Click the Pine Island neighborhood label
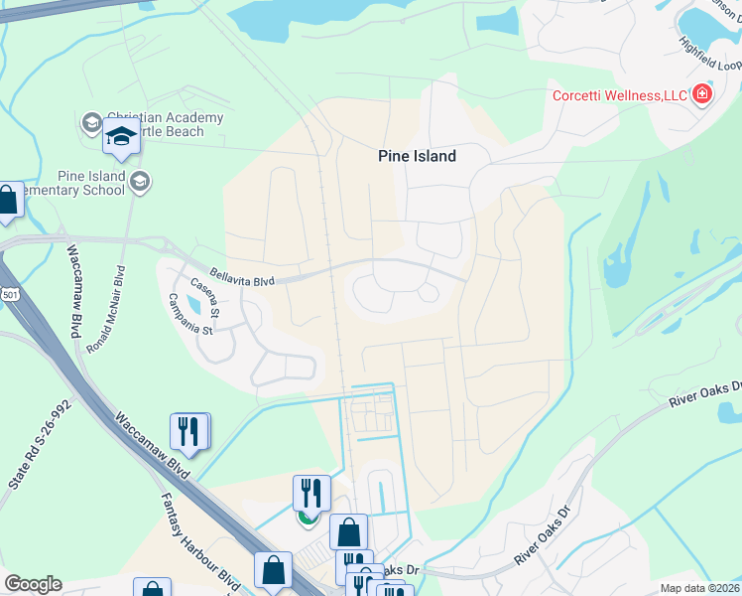pyautogui.click(x=417, y=156)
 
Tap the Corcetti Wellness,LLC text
pyautogui.click(x=620, y=95)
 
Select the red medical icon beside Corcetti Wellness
pyautogui.click(x=702, y=94)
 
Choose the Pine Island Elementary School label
pyautogui.click(x=91, y=184)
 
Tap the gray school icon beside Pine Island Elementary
pyautogui.click(x=141, y=180)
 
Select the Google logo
pyautogui.click(x=33, y=584)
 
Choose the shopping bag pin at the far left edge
pyautogui.click(x=8, y=201)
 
